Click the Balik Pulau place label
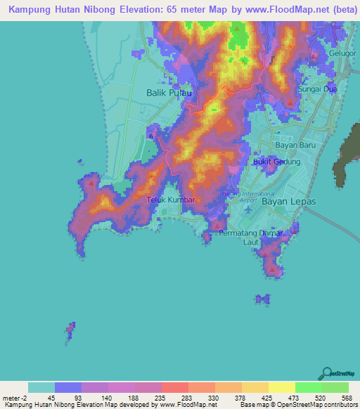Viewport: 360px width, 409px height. coord(168,92)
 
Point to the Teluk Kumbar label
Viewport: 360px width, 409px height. coord(169,200)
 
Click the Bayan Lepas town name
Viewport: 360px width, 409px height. coord(289,201)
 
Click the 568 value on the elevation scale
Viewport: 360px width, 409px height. coord(346,398)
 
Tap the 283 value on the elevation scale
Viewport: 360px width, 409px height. coord(186,398)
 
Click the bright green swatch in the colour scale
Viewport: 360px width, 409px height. coord(308,387)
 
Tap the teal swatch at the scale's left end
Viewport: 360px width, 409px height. coord(41,387)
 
